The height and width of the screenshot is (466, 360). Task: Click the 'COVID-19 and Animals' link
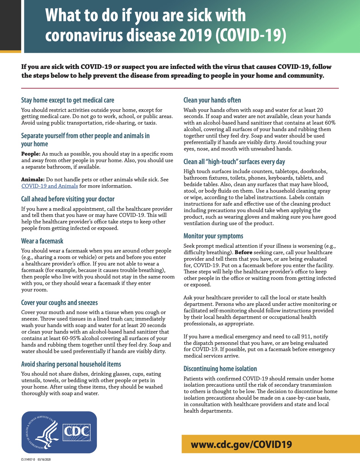pyautogui.click(x=50, y=186)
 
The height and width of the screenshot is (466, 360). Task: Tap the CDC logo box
pyautogui.click(x=77, y=432)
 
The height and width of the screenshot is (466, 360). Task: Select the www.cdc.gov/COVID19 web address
pyautogui.click(x=241, y=445)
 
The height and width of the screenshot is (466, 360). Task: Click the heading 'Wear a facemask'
pyautogui.click(x=42, y=241)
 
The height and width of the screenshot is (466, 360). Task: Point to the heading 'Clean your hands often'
pyautogui.click(x=212, y=100)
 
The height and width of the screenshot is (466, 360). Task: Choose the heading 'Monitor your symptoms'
pyautogui.click(x=213, y=236)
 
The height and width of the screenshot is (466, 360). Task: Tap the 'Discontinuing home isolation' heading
pyautogui.click(x=220, y=369)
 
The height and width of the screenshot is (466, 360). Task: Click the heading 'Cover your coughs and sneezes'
pyautogui.click(x=59, y=303)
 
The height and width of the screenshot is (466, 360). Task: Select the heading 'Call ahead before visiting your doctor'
pyautogui.click(x=68, y=199)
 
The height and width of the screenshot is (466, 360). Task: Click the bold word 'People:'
pyautogui.click(x=31, y=154)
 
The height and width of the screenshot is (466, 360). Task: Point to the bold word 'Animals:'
pyautogui.click(x=33, y=180)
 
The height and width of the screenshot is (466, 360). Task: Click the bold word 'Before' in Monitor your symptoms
pyautogui.click(x=243, y=252)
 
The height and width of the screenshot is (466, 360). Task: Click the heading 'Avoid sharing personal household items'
pyautogui.click(x=71, y=364)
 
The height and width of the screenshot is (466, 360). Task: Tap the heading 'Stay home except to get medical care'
pyautogui.click(x=68, y=100)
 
